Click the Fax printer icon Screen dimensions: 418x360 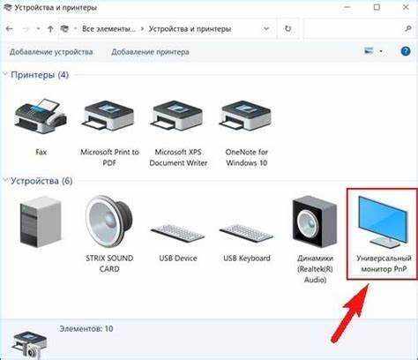[41, 116]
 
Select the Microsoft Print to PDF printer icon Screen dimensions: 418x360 [109, 116]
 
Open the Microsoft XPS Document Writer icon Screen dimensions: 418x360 [178, 116]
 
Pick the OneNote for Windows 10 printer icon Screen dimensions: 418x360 [246, 116]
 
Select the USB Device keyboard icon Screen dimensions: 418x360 [177, 233]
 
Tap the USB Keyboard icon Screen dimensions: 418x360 [246, 233]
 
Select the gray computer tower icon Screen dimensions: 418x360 [41, 221]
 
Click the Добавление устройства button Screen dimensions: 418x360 [51, 52]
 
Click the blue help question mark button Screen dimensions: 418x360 [406, 51]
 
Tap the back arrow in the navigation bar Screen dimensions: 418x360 [10, 29]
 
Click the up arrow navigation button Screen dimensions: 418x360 [50, 29]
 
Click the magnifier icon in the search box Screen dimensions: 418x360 [407, 28]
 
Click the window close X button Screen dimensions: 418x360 [406, 7]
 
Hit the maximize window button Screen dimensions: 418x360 [377, 7]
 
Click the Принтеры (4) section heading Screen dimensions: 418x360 [40, 75]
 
